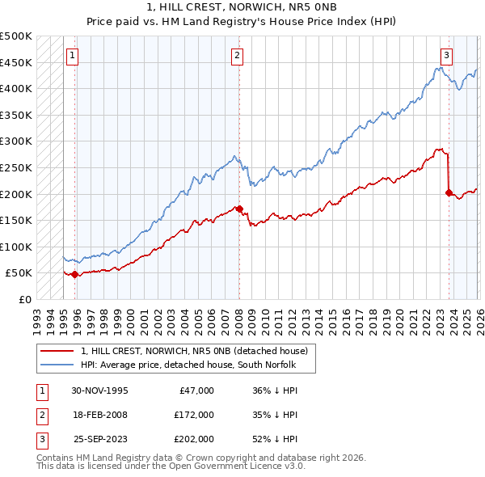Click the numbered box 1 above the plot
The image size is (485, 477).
pos(73,56)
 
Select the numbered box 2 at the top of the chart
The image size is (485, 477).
pos(237,56)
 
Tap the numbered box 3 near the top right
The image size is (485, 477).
pos(446,56)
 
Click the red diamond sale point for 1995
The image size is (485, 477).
pos(75,275)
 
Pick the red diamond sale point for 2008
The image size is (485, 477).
pos(239,209)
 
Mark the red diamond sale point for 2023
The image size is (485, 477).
pos(449,192)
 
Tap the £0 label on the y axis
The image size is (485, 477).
pos(24,299)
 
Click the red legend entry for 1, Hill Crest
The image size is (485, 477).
pos(194,352)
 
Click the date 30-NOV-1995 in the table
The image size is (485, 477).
pos(99,390)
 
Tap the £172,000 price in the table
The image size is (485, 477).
pos(194,415)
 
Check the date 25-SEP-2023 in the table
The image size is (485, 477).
pos(100,439)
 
